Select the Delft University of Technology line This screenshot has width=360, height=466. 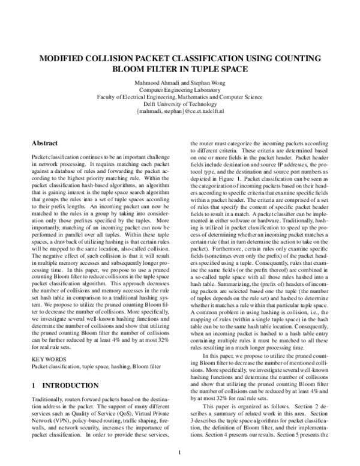coord(179,104)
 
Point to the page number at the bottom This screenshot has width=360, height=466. coord(179,453)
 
